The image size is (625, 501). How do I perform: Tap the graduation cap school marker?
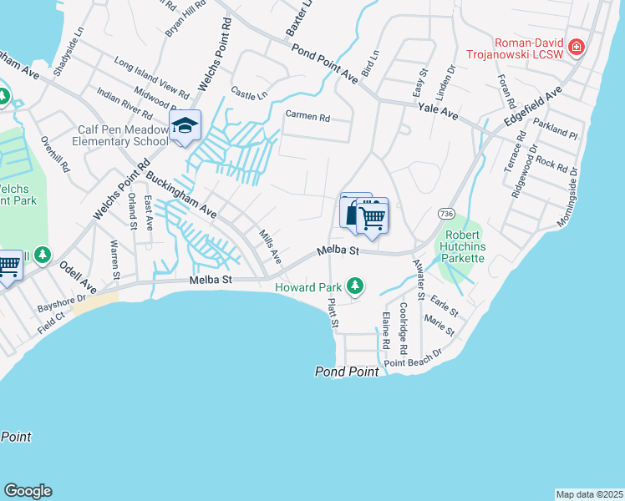pyautogui.click(x=184, y=126)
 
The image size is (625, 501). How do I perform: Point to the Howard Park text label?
pyautogui.click(x=309, y=288)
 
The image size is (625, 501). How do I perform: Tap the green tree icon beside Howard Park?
pyautogui.click(x=355, y=286)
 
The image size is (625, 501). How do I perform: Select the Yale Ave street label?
pyautogui.click(x=439, y=113)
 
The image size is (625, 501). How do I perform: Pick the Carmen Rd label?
pyautogui.click(x=307, y=116)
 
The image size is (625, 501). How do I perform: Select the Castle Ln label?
pyautogui.click(x=249, y=94)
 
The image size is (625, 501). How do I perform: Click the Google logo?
pyautogui.click(x=28, y=491)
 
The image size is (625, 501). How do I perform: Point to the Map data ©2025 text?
pyautogui.click(x=589, y=494)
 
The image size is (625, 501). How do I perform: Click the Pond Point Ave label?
pyautogui.click(x=324, y=63)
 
